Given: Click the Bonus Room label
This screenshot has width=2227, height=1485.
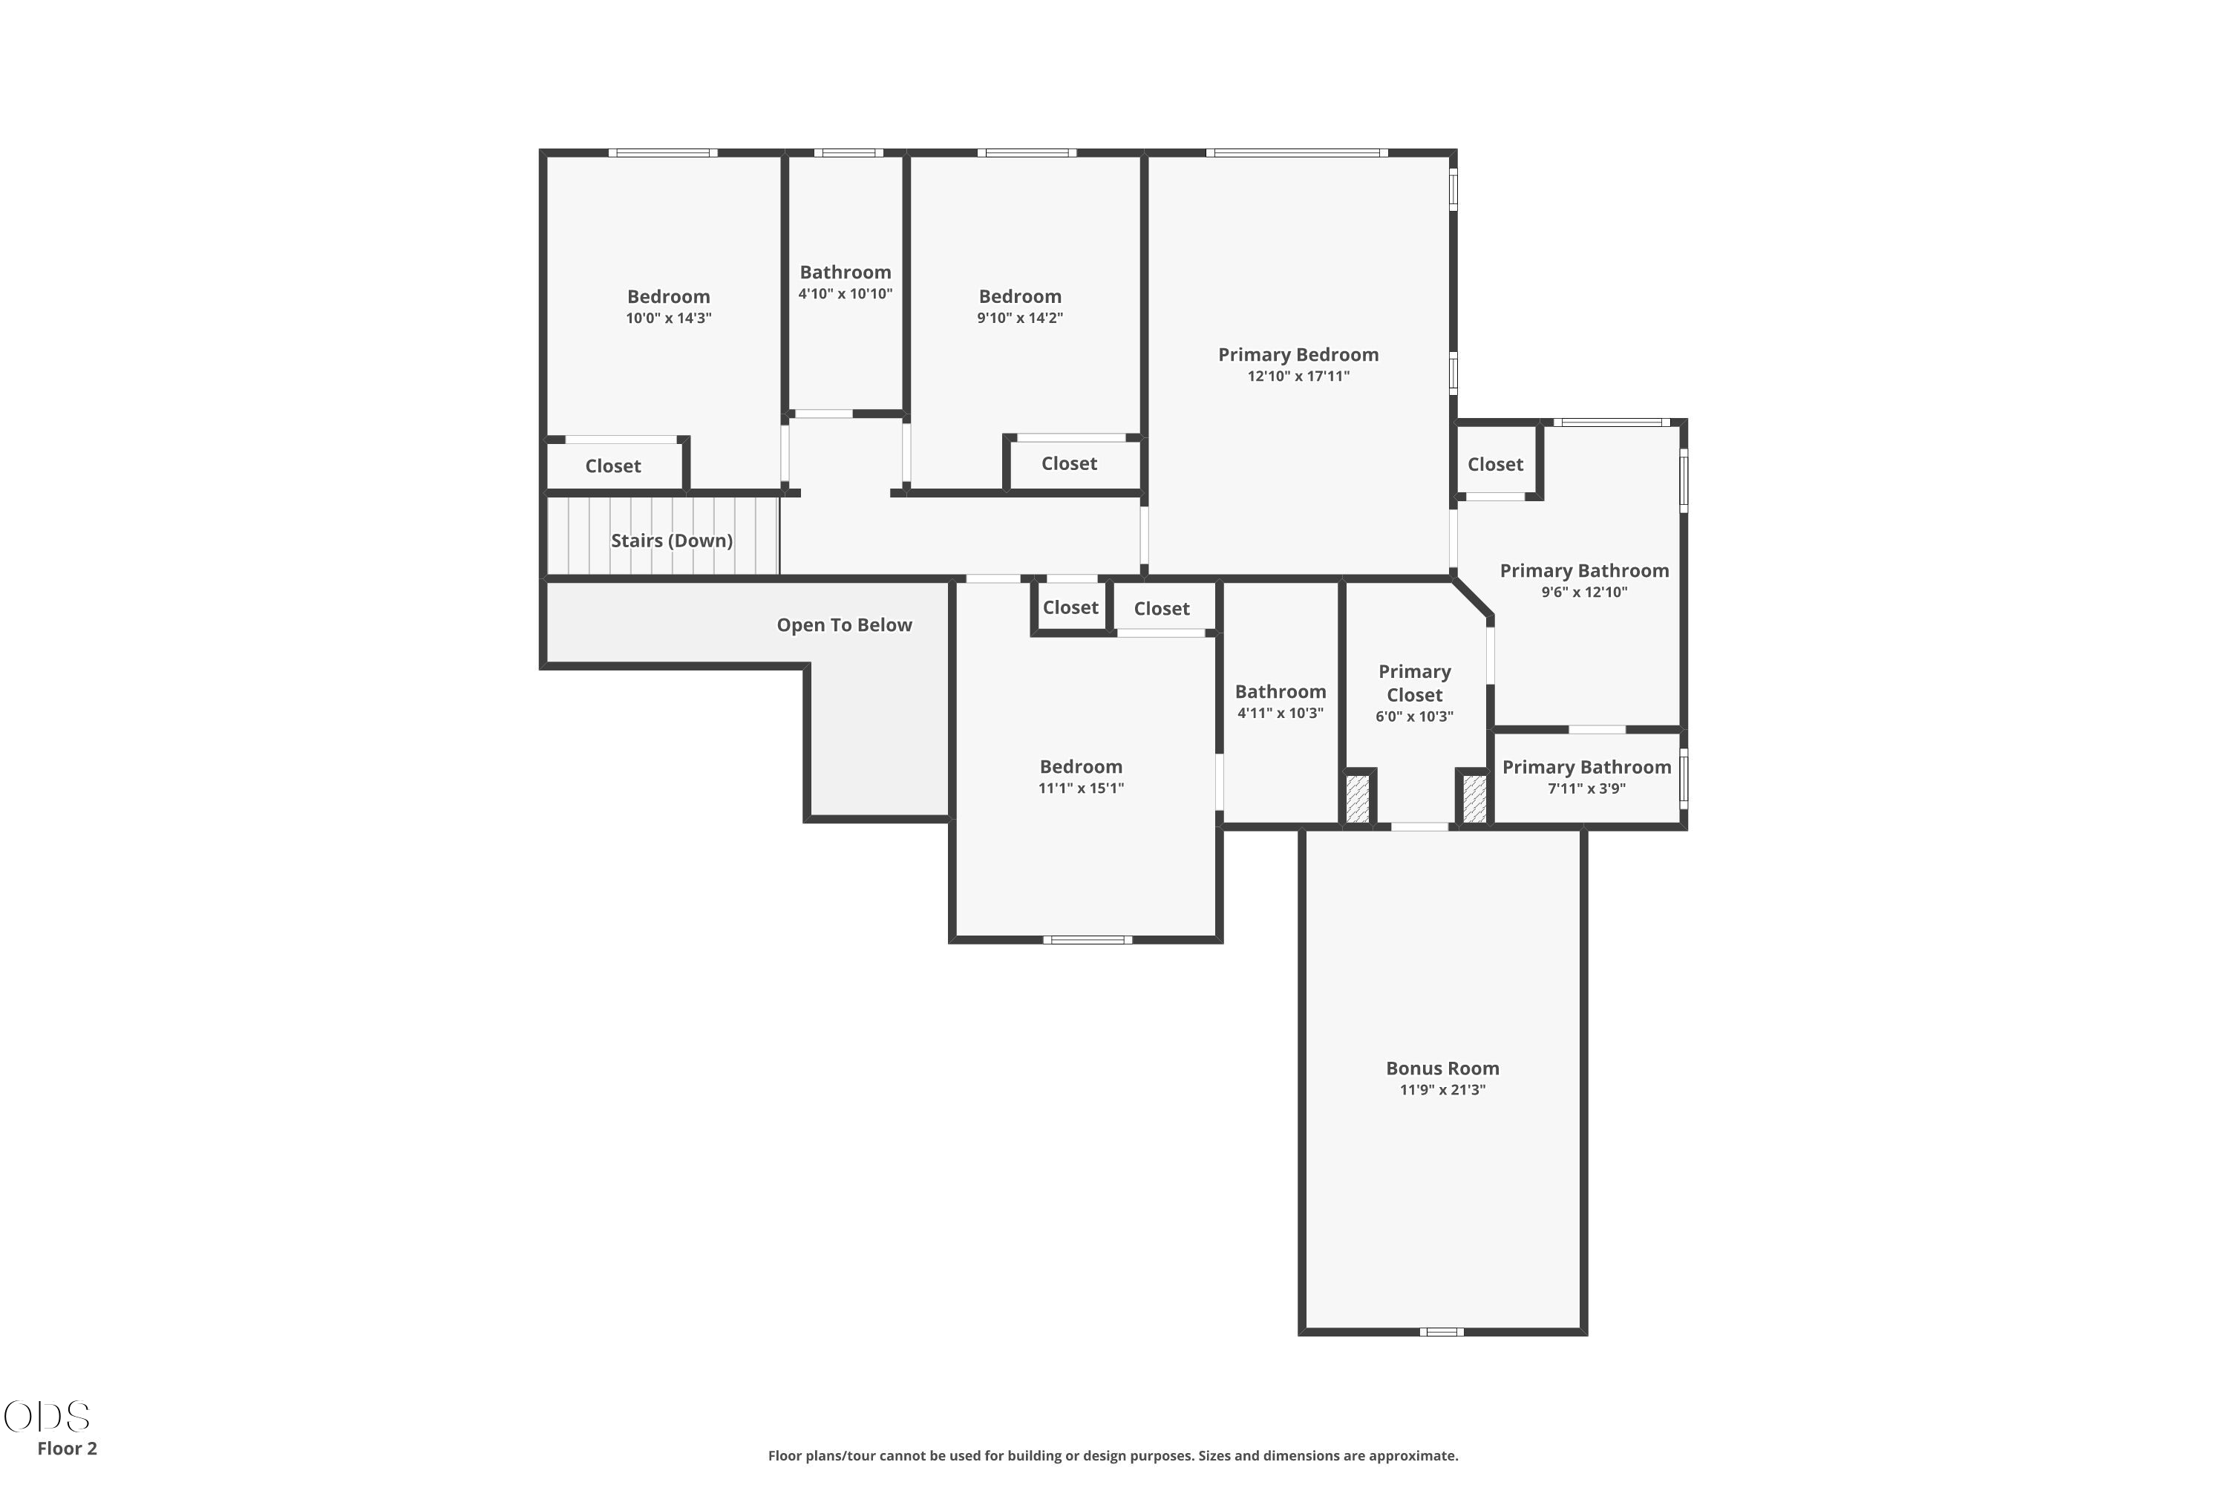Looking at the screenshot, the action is (x=1442, y=1068).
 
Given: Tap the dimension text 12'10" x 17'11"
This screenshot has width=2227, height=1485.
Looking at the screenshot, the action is (x=1298, y=376).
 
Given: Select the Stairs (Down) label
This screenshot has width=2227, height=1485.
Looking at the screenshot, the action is (x=671, y=541).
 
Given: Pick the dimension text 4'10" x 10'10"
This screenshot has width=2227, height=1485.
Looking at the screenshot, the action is (x=846, y=293).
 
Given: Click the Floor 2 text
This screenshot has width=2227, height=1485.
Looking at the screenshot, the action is (x=68, y=1448).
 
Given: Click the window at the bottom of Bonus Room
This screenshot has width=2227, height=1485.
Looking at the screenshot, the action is (x=1441, y=1331).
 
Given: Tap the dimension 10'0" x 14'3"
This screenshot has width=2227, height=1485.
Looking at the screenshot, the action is (x=669, y=319).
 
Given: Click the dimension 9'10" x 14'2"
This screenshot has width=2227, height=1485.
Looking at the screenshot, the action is (x=1020, y=319).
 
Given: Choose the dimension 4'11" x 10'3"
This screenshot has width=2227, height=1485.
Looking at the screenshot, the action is (x=1280, y=713).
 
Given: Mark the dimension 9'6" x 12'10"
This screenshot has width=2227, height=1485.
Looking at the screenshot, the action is (x=1584, y=593).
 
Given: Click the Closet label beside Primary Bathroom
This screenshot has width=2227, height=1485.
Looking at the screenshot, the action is (x=1495, y=464).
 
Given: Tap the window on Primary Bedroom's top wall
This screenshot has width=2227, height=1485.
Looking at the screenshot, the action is (x=1297, y=152).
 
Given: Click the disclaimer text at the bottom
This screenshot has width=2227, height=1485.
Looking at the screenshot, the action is (x=1113, y=1455).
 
